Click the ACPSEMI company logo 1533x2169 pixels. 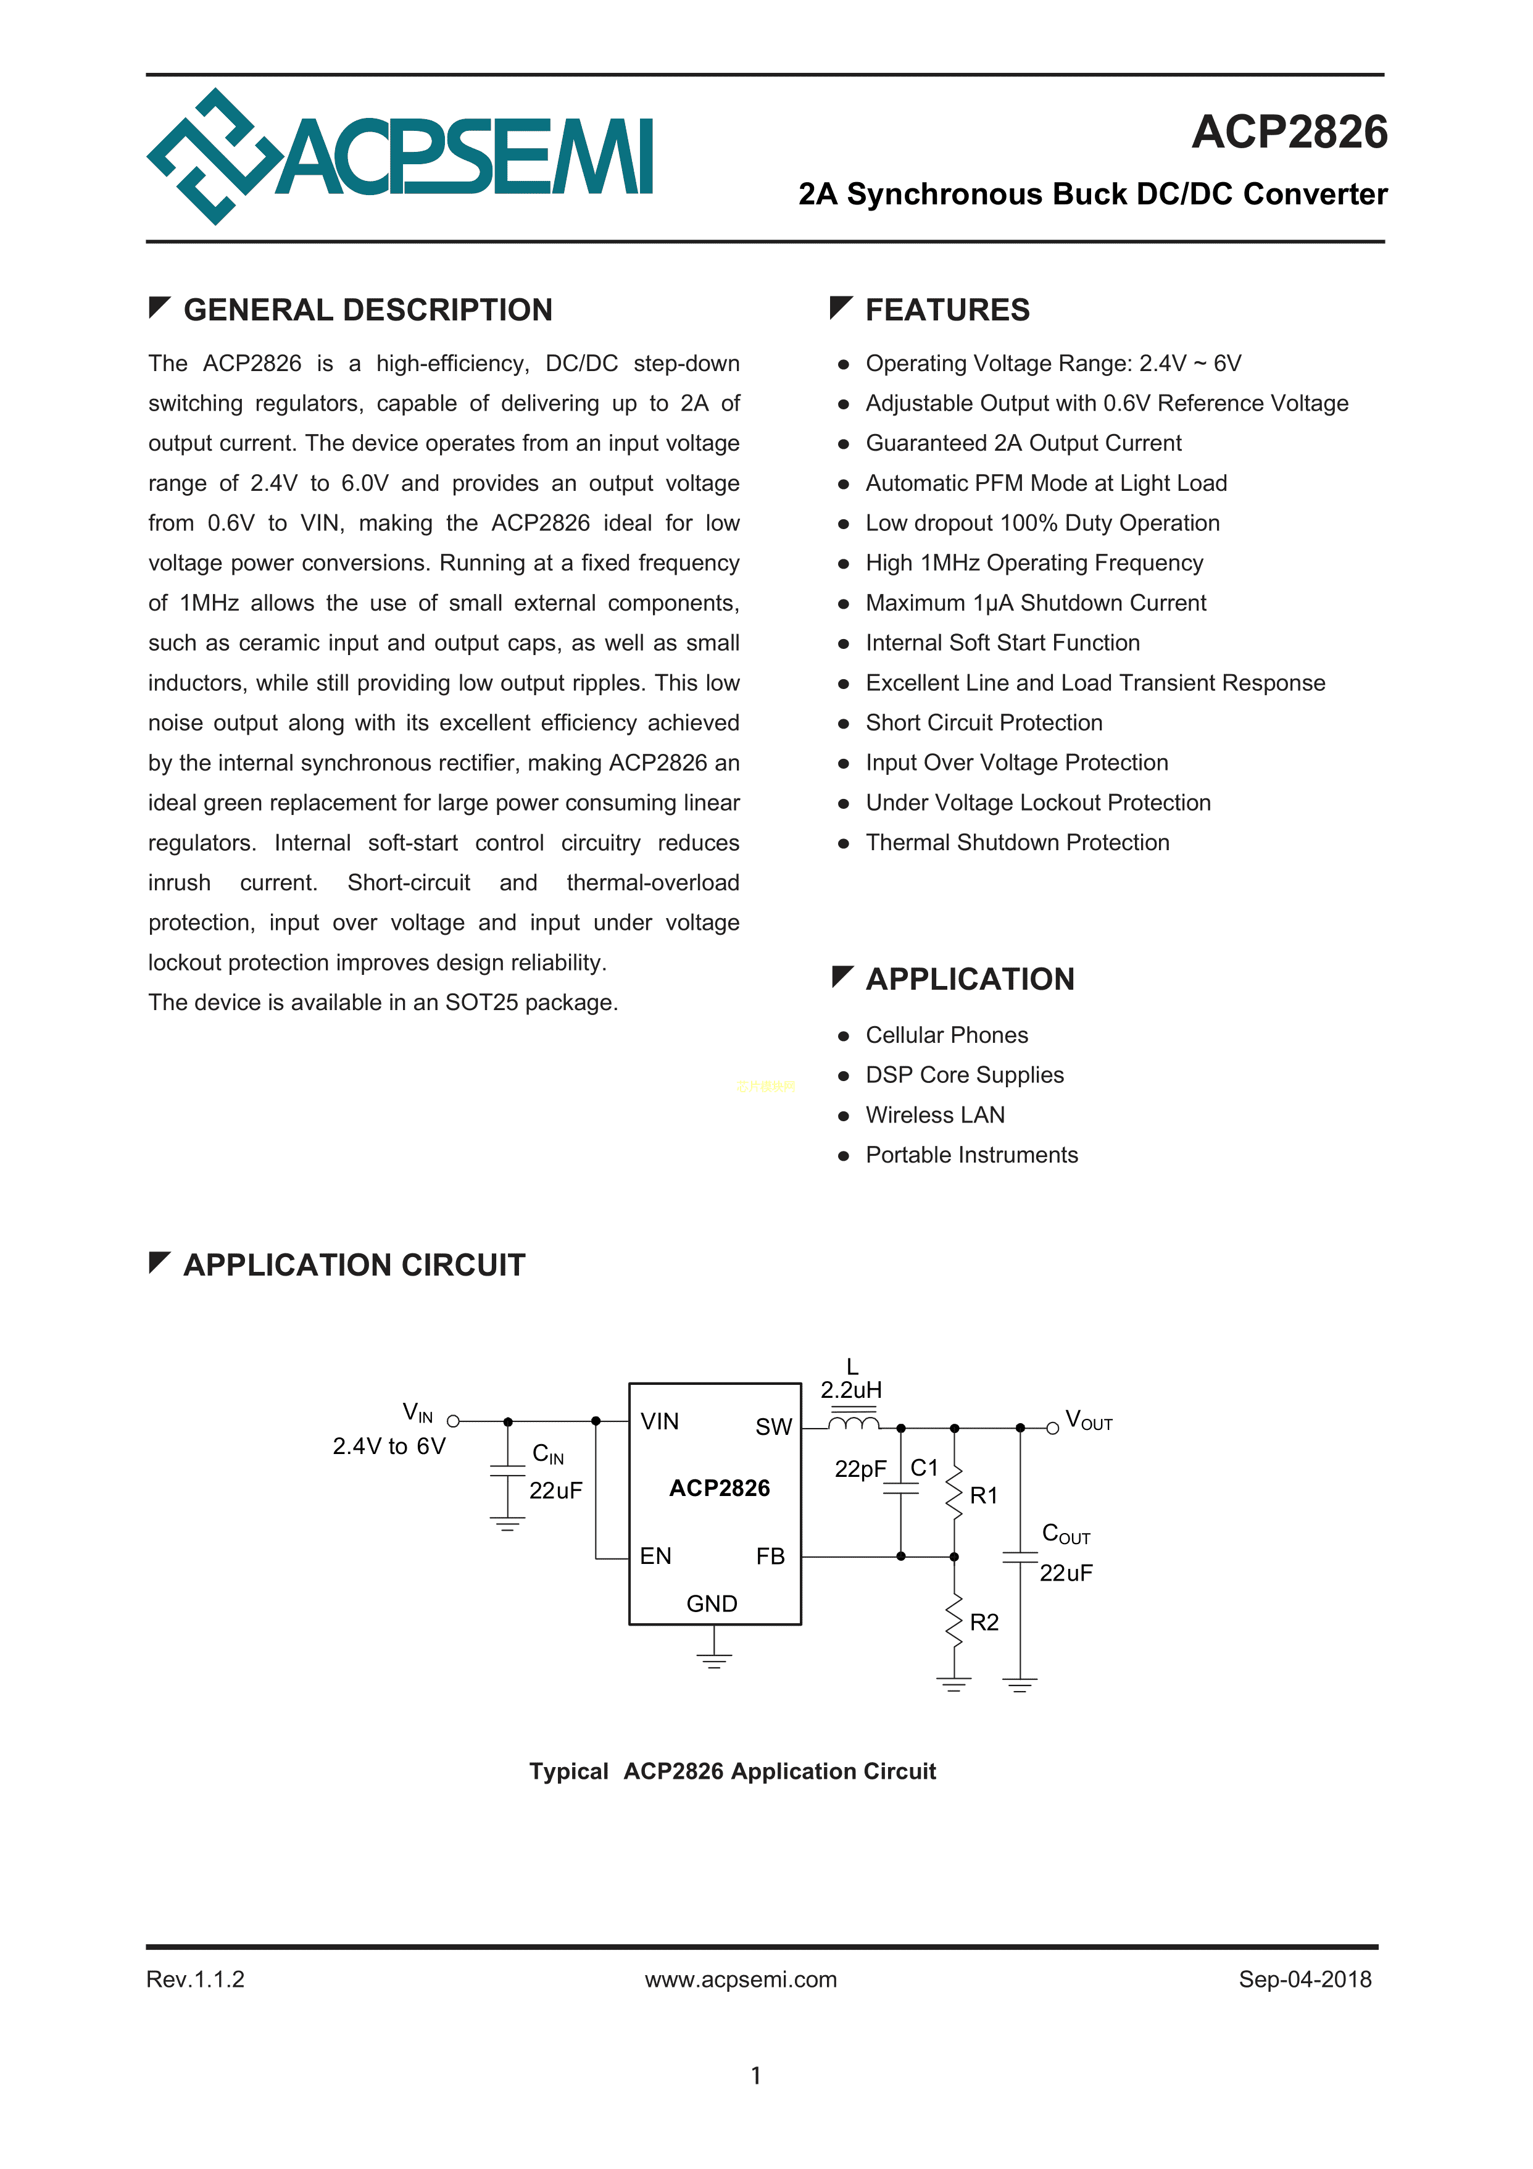coord(399,157)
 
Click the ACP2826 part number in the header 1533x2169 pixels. coord(1289,132)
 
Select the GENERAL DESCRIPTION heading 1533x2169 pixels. coord(367,310)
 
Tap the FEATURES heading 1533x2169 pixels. coord(947,310)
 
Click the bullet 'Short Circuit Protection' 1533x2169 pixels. coord(983,722)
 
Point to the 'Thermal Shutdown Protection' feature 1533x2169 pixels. coord(1016,843)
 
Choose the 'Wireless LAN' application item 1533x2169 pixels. coord(934,1114)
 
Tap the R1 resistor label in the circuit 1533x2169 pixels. coord(983,1495)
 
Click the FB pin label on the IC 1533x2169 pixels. coord(770,1556)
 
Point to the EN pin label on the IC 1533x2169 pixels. coord(655,1556)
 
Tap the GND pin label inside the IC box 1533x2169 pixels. coord(711,1604)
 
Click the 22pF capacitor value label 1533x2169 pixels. coord(860,1469)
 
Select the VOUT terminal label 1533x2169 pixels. coord(1088,1421)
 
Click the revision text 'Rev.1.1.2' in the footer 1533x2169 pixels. coord(196,1979)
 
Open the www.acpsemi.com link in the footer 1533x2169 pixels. coord(741,1979)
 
